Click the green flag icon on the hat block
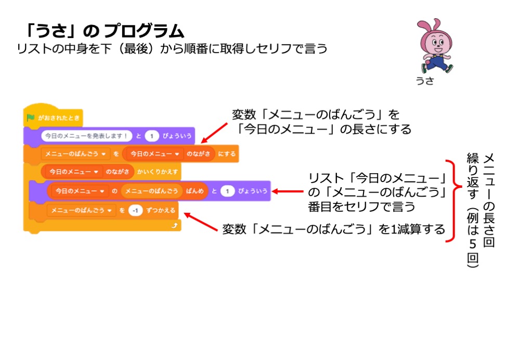point(31,118)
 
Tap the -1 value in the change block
point(136,211)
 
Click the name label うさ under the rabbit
point(424,81)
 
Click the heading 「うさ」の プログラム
point(104,32)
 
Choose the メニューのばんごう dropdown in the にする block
point(75,154)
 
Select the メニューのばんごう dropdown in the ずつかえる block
point(80,211)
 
